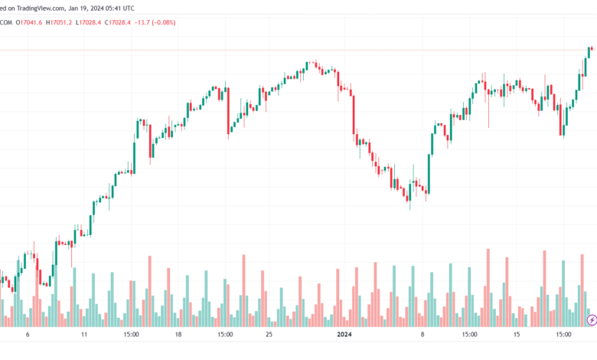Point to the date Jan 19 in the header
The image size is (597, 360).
click(92, 8)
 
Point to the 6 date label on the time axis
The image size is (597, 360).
click(28, 335)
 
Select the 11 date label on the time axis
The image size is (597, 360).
click(85, 335)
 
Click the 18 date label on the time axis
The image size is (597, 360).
click(178, 335)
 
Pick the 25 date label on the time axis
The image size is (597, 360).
click(269, 335)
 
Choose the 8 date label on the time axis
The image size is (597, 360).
click(421, 335)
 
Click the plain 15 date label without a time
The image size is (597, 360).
click(517, 335)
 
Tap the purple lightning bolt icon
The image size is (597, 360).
click(591, 319)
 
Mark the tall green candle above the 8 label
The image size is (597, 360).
click(430, 172)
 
